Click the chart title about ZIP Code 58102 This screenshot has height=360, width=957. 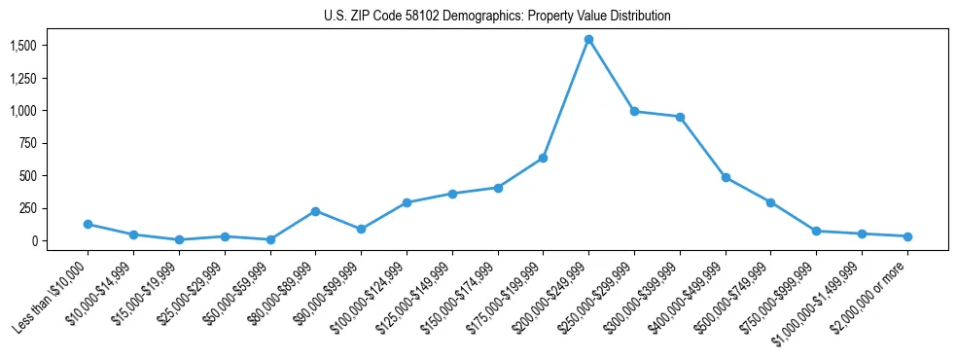(x=497, y=17)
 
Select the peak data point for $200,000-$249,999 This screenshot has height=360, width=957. (x=588, y=40)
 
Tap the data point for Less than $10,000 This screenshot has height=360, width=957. (x=88, y=225)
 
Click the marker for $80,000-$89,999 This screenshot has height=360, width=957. (x=315, y=211)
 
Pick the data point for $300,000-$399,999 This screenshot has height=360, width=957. (x=680, y=117)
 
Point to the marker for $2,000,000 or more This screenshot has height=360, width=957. (x=907, y=236)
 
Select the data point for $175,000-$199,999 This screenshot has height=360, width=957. (x=543, y=158)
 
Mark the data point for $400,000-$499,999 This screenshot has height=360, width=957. (x=726, y=178)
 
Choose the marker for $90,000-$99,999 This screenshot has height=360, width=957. (x=361, y=230)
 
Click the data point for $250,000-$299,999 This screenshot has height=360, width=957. (x=634, y=112)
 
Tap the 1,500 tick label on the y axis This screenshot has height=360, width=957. (x=23, y=46)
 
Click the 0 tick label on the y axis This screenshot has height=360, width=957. (x=34, y=240)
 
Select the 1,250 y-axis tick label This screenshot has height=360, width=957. (x=23, y=79)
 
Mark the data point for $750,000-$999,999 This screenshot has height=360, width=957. (x=816, y=232)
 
